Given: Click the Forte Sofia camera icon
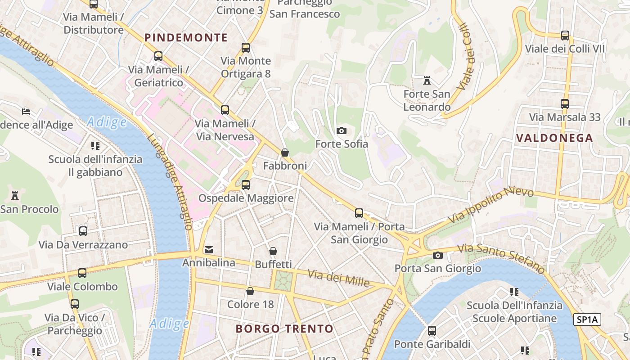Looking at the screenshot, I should pos(342,131).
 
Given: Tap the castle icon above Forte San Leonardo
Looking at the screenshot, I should pos(427,81).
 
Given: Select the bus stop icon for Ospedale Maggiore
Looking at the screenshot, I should pos(246,184).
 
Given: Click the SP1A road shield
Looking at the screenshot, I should pos(588,320).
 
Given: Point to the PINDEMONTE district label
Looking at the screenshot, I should pos(186,38).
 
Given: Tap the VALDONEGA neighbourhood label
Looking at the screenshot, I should pos(554,138).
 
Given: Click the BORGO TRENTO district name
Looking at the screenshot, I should pos(284,328).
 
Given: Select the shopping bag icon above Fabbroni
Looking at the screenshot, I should pos(285,153).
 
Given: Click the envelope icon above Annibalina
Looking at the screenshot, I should pos(209,249).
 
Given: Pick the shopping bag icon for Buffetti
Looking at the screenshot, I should pos(273,251).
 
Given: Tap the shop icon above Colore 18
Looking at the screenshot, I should pos(250,291).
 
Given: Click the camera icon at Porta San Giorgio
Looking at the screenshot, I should pos(437,256).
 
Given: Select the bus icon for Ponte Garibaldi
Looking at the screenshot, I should pos(432,331).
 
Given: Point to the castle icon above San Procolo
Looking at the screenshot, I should pos(15,196).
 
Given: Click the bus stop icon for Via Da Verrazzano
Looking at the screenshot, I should pos(83,231).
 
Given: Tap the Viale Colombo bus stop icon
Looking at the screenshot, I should pos(82,273).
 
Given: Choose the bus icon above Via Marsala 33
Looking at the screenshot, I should pos(565,104).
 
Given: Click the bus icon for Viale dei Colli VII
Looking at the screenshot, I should pos(565,36).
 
